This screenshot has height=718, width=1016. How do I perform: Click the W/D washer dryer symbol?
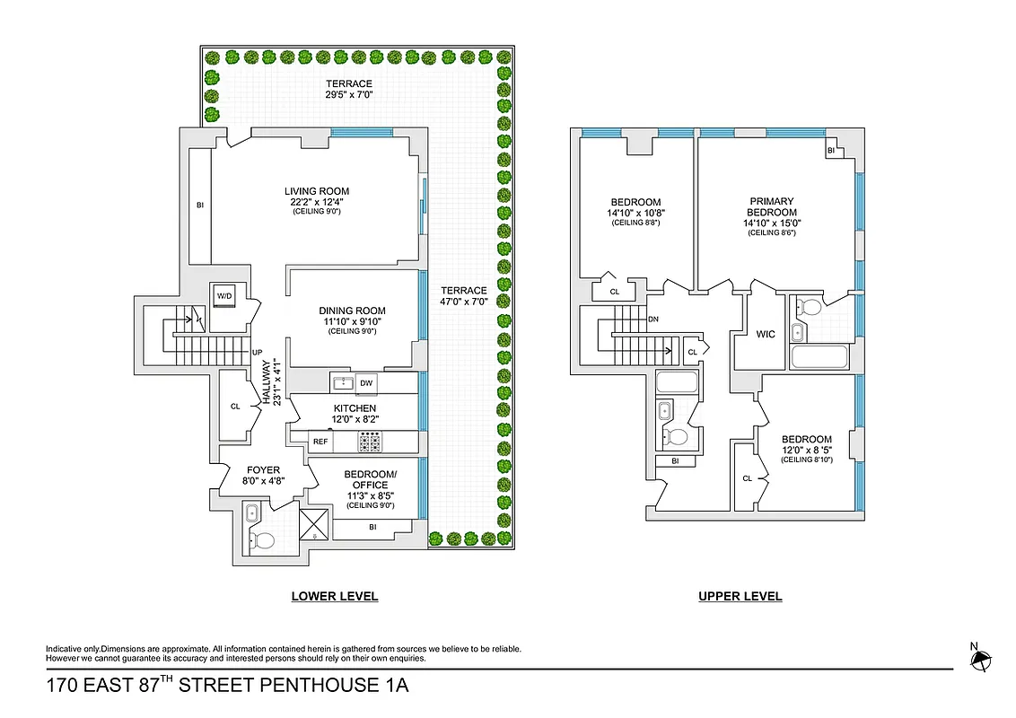coord(223,296)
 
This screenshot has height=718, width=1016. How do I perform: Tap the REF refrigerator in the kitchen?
coord(320,442)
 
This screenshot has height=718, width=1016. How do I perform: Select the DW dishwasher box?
coord(366,383)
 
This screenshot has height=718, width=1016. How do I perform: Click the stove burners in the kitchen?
coord(370,442)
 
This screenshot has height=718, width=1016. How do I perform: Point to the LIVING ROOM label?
coord(317,191)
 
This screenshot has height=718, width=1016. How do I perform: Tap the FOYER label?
coord(262,469)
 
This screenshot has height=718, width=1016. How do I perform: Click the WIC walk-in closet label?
coord(766,335)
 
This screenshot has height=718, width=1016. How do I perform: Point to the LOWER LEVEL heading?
coord(334,596)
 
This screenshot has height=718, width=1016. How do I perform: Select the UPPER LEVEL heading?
coord(740,596)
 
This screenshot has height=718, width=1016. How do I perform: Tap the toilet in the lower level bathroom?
coord(262,540)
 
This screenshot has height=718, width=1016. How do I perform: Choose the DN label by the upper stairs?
coord(653,319)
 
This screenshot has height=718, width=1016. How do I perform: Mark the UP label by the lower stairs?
coord(258,353)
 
